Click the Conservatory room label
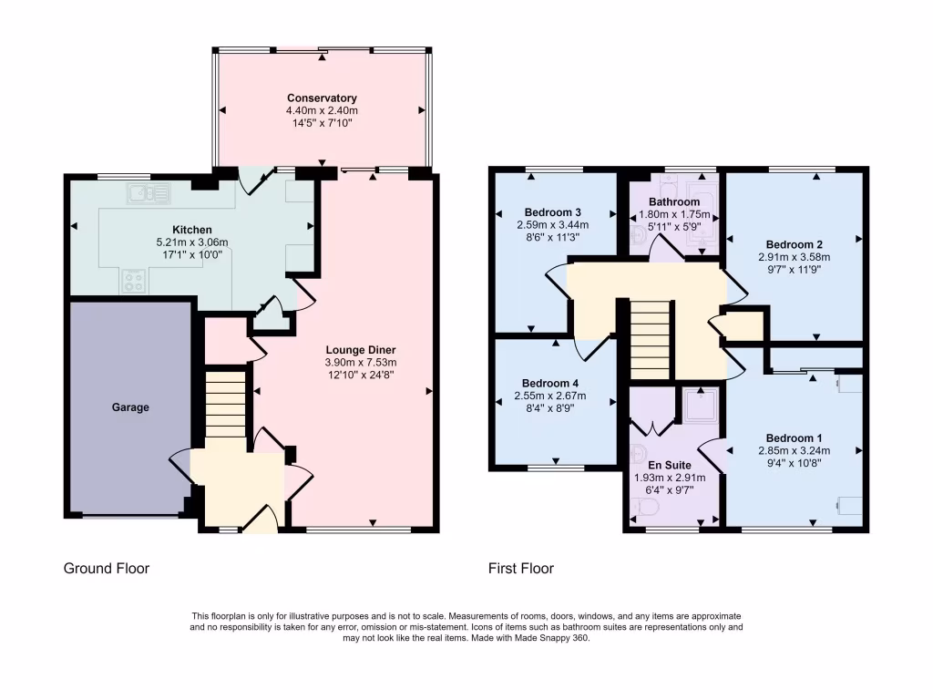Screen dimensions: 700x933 click(322, 98)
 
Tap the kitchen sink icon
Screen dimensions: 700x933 click(148, 193)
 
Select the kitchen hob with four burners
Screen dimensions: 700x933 click(133, 282)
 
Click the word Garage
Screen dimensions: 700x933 click(131, 407)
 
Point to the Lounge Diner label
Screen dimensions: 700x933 click(361, 349)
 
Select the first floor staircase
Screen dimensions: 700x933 click(650, 338)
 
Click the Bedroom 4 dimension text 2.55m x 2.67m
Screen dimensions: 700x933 click(552, 396)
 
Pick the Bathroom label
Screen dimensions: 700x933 click(674, 201)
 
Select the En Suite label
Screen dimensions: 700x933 click(670, 465)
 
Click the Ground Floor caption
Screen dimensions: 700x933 click(106, 569)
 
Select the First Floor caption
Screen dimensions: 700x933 click(520, 569)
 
